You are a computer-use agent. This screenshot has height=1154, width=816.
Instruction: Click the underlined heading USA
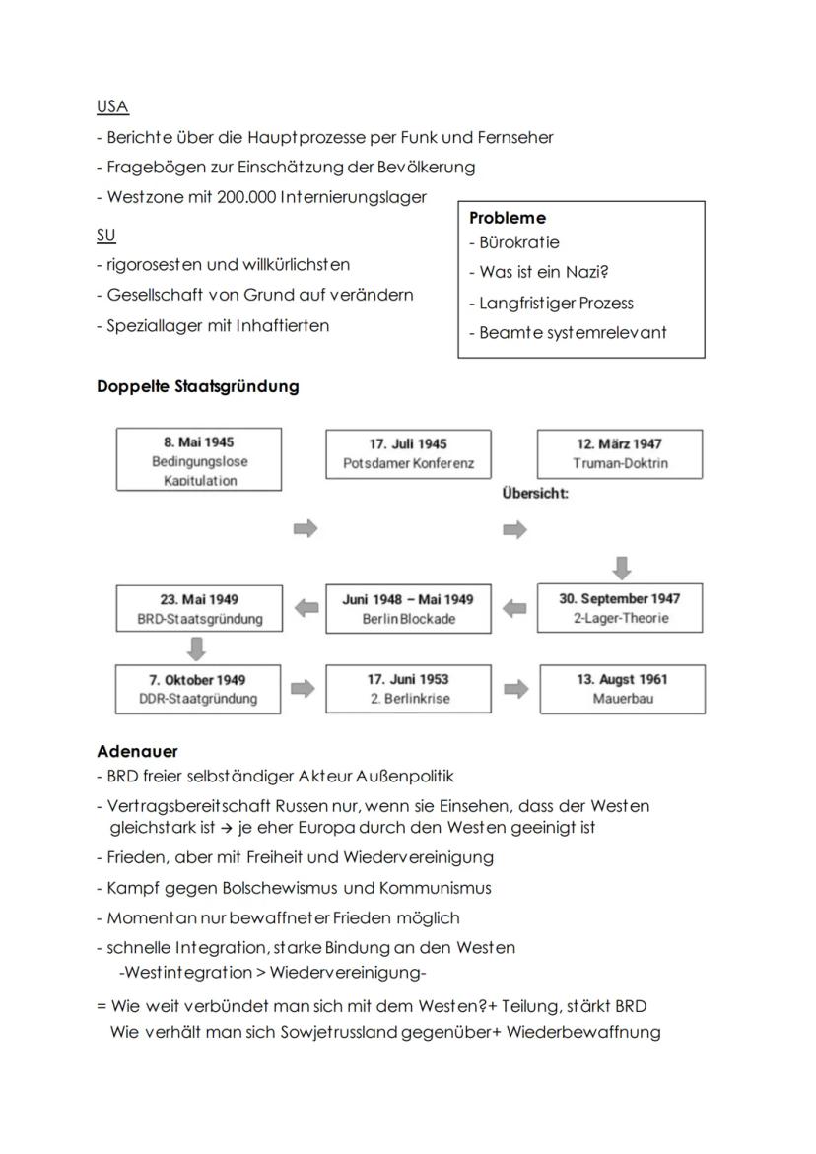pyautogui.click(x=112, y=106)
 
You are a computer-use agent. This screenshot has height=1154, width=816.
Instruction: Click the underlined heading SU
pyautogui.click(x=105, y=235)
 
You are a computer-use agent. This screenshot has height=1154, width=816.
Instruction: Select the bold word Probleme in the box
pyautogui.click(x=508, y=218)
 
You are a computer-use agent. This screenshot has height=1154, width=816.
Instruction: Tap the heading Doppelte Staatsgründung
pyautogui.click(x=197, y=386)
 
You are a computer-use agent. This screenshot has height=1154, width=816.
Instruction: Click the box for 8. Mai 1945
pyautogui.click(x=198, y=459)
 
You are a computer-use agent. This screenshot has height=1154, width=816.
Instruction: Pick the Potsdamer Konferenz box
pyautogui.click(x=408, y=453)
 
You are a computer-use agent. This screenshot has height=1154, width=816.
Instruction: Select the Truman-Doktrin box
pyautogui.click(x=620, y=453)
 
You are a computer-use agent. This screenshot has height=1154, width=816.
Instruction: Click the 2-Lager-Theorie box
pyautogui.click(x=621, y=608)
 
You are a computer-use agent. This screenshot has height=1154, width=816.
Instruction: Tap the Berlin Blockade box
pyautogui.click(x=408, y=608)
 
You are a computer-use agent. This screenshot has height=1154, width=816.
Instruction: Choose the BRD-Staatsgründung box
pyautogui.click(x=198, y=608)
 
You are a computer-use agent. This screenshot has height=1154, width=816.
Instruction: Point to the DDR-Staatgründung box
pyautogui.click(x=198, y=689)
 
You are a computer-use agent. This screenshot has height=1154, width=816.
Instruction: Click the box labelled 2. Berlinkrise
pyautogui.click(x=408, y=689)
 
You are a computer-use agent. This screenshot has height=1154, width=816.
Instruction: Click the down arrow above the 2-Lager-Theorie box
pyautogui.click(x=622, y=567)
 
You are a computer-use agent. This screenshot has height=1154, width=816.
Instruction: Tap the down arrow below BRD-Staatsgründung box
pyautogui.click(x=197, y=647)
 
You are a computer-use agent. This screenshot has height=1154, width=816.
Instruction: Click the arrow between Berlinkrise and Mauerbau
pyautogui.click(x=514, y=689)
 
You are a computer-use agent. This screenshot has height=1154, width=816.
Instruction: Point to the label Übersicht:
pyautogui.click(x=534, y=493)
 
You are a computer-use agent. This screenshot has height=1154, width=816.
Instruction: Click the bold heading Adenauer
pyautogui.click(x=137, y=751)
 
